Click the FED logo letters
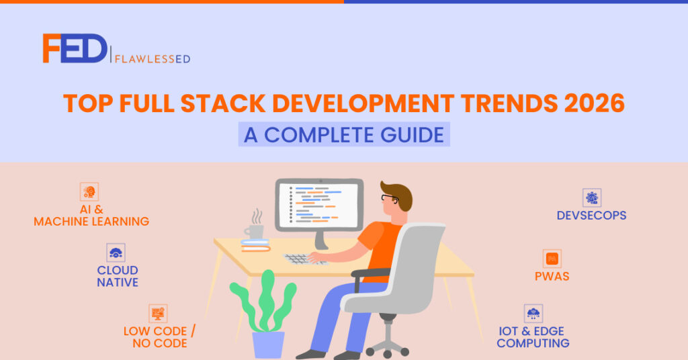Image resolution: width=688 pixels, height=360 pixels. click(x=74, y=49)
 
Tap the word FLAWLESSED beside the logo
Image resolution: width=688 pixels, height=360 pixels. click(x=154, y=58)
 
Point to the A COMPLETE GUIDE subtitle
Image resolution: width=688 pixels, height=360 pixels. click(x=344, y=134)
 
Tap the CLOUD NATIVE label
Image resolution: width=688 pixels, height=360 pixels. click(x=118, y=277)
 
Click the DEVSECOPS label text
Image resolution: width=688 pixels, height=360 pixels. click(x=591, y=216)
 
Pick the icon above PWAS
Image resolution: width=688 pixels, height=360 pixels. click(x=552, y=259)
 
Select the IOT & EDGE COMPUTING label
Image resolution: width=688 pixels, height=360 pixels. click(x=533, y=337)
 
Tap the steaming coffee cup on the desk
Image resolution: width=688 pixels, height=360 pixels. click(x=255, y=231)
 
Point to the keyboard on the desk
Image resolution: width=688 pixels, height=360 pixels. click(x=306, y=259)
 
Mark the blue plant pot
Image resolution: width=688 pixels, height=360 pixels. click(x=268, y=345)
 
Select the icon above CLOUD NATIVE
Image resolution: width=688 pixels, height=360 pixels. click(x=116, y=253)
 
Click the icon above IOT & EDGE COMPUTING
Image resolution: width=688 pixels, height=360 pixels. click(x=533, y=314)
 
